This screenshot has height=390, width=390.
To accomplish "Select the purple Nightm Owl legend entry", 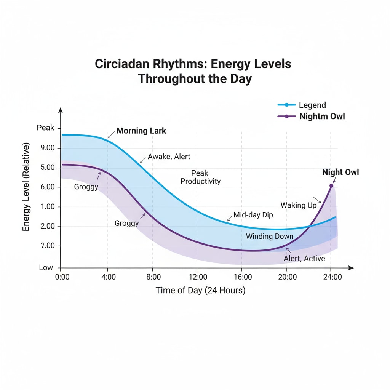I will (x=322, y=117).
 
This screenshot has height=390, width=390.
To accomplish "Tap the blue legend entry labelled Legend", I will (x=312, y=105).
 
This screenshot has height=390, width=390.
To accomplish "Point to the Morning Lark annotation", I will (x=141, y=131).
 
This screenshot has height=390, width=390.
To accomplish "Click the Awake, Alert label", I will (x=169, y=157).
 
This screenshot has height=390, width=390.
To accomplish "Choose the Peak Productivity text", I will (x=200, y=177).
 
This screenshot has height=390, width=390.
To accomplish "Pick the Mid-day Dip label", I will (x=253, y=215).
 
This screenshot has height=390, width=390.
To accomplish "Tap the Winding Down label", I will (x=270, y=237).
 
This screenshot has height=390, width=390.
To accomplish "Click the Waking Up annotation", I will (x=299, y=205).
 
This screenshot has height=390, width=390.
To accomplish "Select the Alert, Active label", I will (x=304, y=259).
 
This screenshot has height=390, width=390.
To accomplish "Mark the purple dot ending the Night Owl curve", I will (x=331, y=186).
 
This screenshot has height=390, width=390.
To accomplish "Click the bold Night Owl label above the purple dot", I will (x=340, y=173).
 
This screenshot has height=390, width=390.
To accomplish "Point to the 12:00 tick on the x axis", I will (x=197, y=277).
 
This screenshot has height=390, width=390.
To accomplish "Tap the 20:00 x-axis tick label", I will (x=287, y=277).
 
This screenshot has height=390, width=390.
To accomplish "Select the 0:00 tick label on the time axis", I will (x=62, y=277).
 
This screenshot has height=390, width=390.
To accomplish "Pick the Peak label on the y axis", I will (x=46, y=128).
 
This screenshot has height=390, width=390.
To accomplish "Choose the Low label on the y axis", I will (x=46, y=268).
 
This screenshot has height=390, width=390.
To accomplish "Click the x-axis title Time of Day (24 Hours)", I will (x=200, y=291).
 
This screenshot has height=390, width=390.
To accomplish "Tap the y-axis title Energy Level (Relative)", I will (x=26, y=187).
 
